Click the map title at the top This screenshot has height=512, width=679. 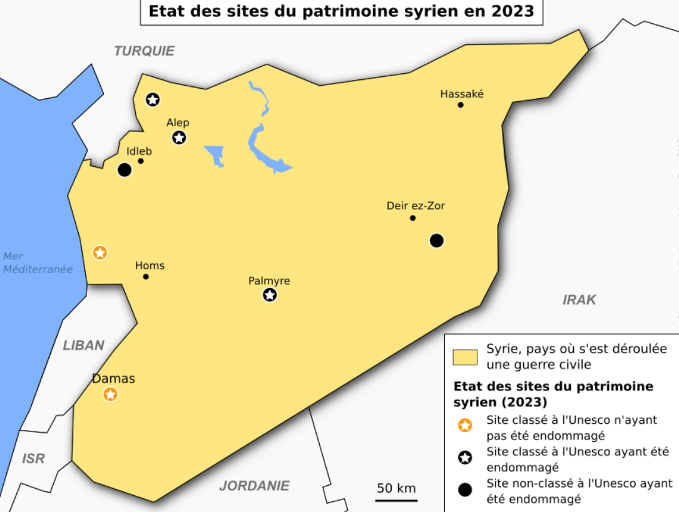click(x=341, y=12)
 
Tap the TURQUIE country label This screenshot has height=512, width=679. click(x=145, y=51)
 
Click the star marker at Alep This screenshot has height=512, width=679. click(x=179, y=138)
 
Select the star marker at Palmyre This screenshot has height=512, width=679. click(x=270, y=295)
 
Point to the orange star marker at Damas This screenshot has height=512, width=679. click(x=111, y=394)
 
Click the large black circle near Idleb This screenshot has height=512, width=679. click(x=125, y=169)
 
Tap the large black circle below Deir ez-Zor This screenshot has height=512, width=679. click(x=437, y=240)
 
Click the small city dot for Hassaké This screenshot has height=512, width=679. click(x=461, y=105)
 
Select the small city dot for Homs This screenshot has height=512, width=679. click(x=146, y=276)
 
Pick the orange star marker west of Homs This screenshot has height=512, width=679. click(x=100, y=253)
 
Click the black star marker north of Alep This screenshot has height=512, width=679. click(x=153, y=99)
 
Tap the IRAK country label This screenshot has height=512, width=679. click(x=579, y=300)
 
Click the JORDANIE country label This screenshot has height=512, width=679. click(x=254, y=486)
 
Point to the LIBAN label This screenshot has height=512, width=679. click(x=83, y=346)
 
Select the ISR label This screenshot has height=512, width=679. click(x=33, y=459)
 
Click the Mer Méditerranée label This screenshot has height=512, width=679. click(x=38, y=263)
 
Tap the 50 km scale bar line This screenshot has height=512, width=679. click(x=396, y=500)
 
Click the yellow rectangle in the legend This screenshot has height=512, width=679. click(x=465, y=357)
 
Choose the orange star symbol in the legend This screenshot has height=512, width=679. click(x=465, y=426)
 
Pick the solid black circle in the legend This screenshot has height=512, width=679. click(x=465, y=490)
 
